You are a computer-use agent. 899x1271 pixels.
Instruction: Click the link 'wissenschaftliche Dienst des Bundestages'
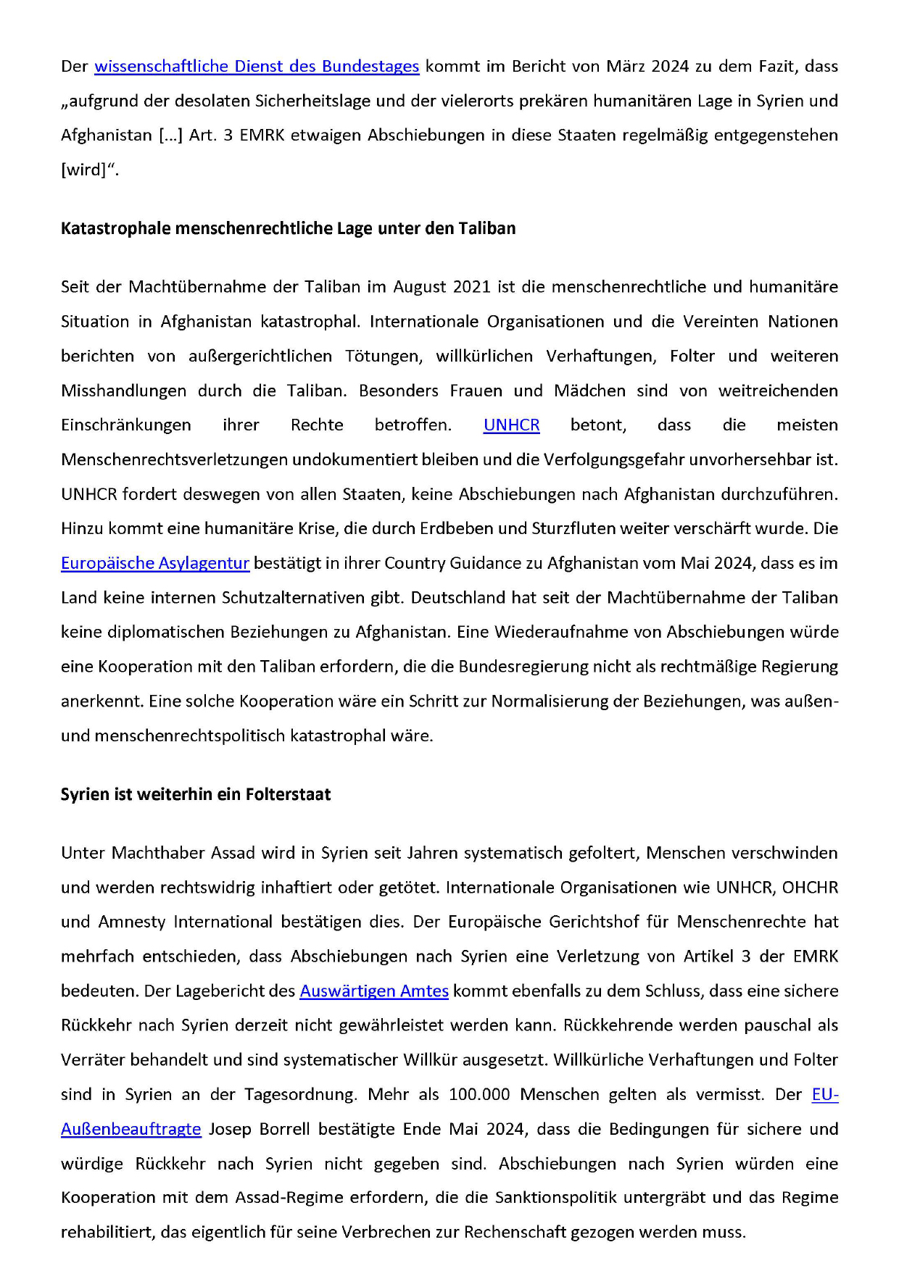pos(257,67)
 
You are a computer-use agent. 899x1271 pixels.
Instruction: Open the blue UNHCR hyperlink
pos(511,425)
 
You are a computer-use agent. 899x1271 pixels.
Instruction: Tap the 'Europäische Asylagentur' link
pos(155,563)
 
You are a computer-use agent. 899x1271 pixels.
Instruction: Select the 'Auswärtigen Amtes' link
pos(374,991)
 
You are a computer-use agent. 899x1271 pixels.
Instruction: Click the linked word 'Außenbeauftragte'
pos(131,1129)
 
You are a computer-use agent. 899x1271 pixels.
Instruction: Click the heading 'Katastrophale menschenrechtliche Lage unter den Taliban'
pos(288,228)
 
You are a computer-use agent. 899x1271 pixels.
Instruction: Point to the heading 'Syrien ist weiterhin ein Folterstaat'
pos(196,794)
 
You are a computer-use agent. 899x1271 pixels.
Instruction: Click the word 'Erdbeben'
pos(457,529)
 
